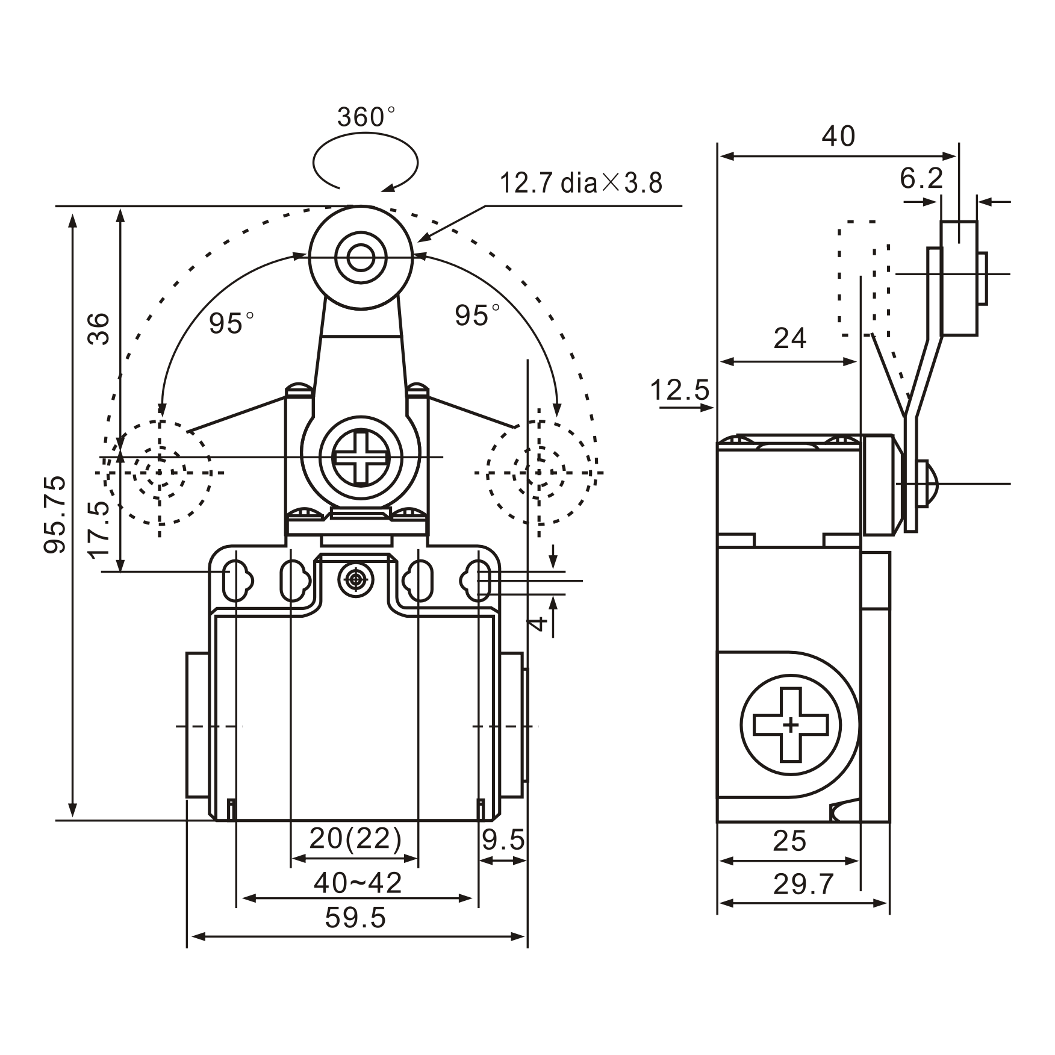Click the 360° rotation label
(x=366, y=117)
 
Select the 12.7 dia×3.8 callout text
(x=580, y=182)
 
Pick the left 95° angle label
(x=231, y=323)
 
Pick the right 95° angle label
(x=477, y=316)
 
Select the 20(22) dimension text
(x=355, y=838)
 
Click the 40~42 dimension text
(x=357, y=883)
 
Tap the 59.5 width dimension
(x=355, y=918)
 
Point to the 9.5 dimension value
(x=503, y=840)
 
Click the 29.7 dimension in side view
(x=803, y=885)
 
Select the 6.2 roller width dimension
(x=921, y=178)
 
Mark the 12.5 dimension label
(x=680, y=390)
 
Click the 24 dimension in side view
(x=789, y=338)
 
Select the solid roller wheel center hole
(x=361, y=260)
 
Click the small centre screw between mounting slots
(x=355, y=580)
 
